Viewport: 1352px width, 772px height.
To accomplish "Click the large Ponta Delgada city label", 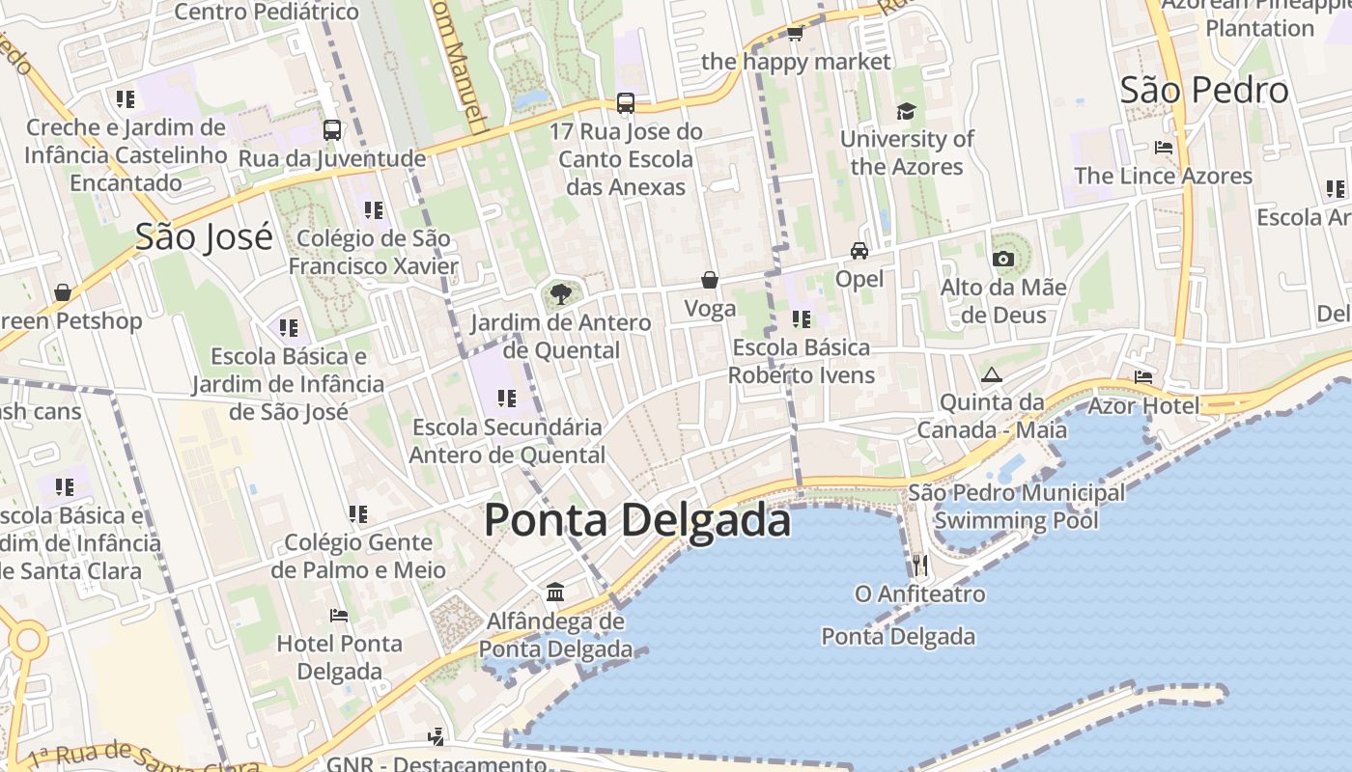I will coord(637,520).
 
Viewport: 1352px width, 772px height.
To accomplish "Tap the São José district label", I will coord(204,236).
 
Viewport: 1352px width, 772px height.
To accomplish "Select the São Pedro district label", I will coord(1204,91).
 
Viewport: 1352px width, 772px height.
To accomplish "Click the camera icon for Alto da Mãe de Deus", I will coord(1003,259).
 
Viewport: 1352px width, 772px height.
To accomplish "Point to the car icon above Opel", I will coord(859,251).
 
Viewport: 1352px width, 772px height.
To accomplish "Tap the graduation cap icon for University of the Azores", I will coord(905,112).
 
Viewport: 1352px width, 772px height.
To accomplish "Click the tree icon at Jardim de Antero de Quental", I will coord(559,294).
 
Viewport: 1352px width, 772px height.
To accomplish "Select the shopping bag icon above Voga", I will coord(710,280).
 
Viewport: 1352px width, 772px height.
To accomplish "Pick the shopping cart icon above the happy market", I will coord(795,34).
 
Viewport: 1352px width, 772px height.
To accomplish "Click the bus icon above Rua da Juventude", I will coord(332,129).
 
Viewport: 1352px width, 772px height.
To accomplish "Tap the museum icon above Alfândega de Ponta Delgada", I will coord(555,592).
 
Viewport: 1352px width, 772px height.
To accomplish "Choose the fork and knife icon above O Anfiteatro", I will coord(919,565).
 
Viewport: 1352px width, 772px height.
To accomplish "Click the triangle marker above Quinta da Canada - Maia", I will coord(990,374).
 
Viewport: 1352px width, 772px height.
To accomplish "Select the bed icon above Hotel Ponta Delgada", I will coord(339,615).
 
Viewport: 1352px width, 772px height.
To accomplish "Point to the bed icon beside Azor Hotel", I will coord(1143,376).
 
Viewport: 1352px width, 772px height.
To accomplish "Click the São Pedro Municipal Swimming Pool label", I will coord(1016,507).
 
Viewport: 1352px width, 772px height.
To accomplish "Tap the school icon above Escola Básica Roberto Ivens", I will coord(801,318).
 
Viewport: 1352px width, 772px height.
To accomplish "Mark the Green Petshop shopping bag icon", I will coord(63,291).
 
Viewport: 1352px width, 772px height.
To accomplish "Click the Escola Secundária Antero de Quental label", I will coord(507,440).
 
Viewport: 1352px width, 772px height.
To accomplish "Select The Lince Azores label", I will coord(1163,176).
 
